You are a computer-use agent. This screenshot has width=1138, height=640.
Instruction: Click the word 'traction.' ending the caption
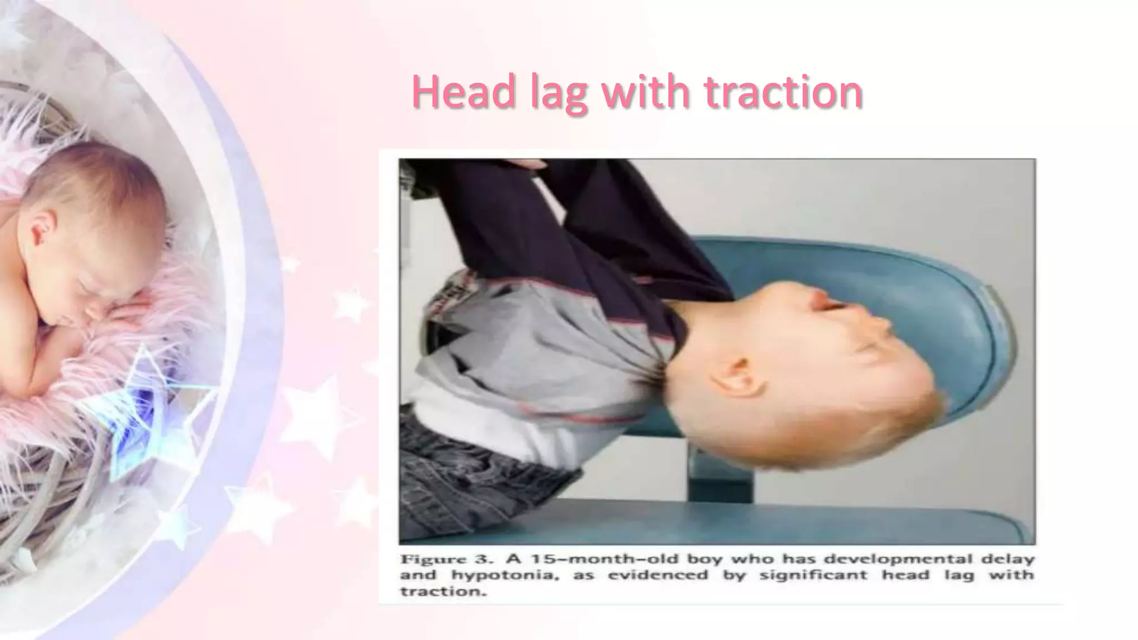443,591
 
